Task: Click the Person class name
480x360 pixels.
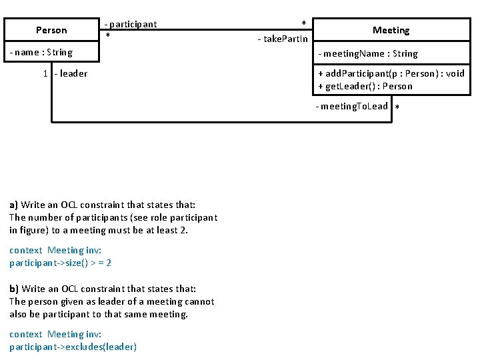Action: [51, 30]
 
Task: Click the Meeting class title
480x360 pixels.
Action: [391, 30]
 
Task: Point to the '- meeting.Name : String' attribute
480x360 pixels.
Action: [368, 53]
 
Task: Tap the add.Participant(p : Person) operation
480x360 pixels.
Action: [391, 73]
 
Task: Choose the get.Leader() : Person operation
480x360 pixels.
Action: [365, 86]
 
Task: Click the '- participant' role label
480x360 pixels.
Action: [131, 24]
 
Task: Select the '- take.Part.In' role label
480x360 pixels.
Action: [283, 39]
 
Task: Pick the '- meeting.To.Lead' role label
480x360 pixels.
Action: [352, 106]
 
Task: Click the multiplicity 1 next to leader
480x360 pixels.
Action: [45, 73]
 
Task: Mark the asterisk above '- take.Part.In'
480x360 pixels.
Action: [304, 24]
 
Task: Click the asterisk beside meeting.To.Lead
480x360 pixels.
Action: [397, 108]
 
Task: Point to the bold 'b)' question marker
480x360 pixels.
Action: [14, 289]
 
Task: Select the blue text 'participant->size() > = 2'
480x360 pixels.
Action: [60, 263]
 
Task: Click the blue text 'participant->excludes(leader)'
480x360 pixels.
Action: [73, 347]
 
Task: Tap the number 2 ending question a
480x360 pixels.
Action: [185, 230]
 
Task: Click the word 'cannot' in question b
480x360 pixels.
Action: [199, 301]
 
